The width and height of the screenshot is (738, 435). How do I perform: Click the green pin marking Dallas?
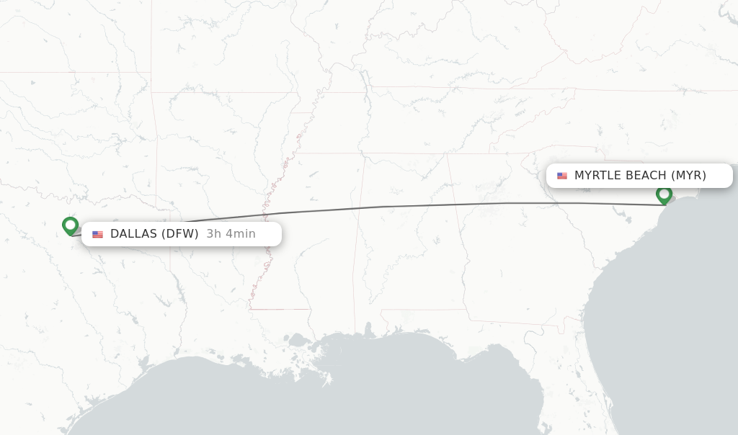click(x=70, y=225)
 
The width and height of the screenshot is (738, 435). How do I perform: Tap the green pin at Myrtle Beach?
click(x=664, y=194)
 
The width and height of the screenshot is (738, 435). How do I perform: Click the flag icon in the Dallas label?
click(x=97, y=234)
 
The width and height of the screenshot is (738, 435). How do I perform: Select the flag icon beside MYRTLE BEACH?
click(x=562, y=176)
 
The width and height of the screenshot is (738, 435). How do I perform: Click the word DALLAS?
click(x=133, y=234)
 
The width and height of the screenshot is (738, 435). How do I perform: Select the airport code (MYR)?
click(x=689, y=176)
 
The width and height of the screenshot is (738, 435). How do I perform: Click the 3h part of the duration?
click(x=213, y=234)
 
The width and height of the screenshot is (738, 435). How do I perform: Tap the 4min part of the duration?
click(x=240, y=234)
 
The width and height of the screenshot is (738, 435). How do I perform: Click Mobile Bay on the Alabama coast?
click(x=368, y=333)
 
